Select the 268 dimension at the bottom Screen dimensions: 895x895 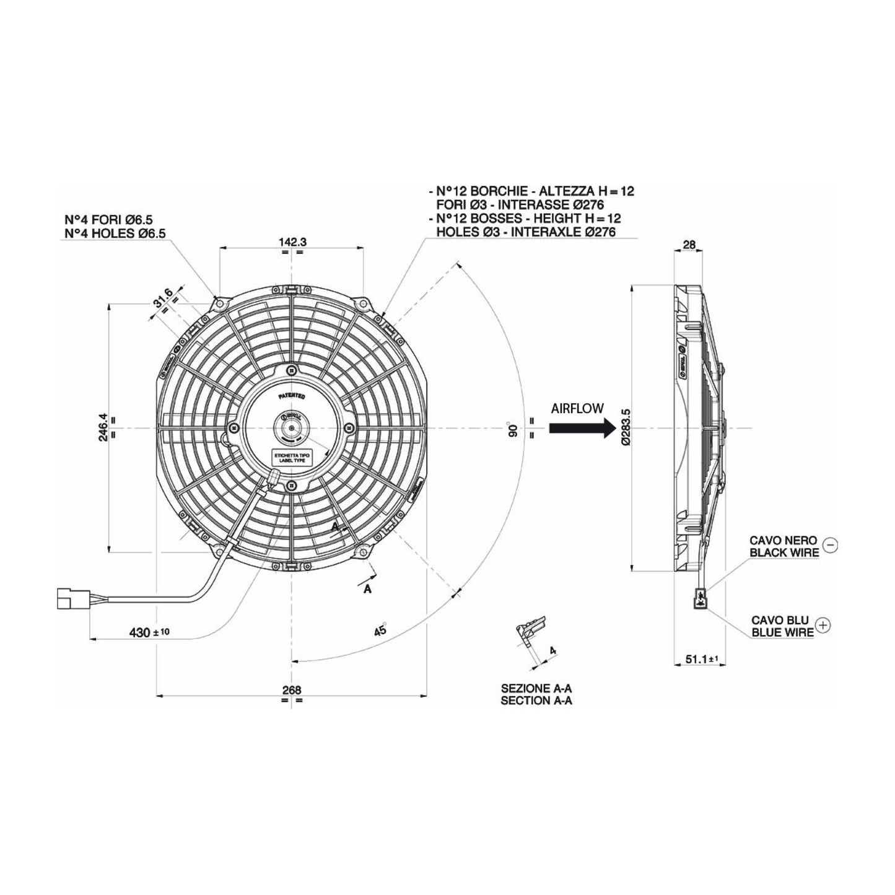coord(291,690)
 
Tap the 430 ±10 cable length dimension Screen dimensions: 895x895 coord(149,632)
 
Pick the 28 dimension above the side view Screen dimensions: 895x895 coord(689,245)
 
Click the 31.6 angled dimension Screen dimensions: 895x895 coord(163,300)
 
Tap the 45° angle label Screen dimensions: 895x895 coord(380,630)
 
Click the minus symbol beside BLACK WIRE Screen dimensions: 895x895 coord(831,544)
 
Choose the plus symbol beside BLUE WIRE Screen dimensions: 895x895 coord(823,626)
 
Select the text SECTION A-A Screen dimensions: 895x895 coord(536,701)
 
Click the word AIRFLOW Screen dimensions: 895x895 coord(577,408)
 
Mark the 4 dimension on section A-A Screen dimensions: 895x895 coord(552,651)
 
